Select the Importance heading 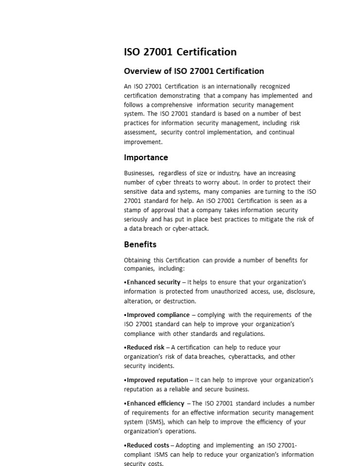pos(146,157)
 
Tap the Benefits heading pos(140,244)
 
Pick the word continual pos(282,132)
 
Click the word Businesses pos(139,173)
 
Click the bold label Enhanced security pos(154,282)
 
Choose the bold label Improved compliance pos(158,315)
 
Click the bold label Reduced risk pos(145,348)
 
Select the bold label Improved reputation pos(157,380)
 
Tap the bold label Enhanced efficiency pos(155,403)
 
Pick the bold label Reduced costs pos(148,445)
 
